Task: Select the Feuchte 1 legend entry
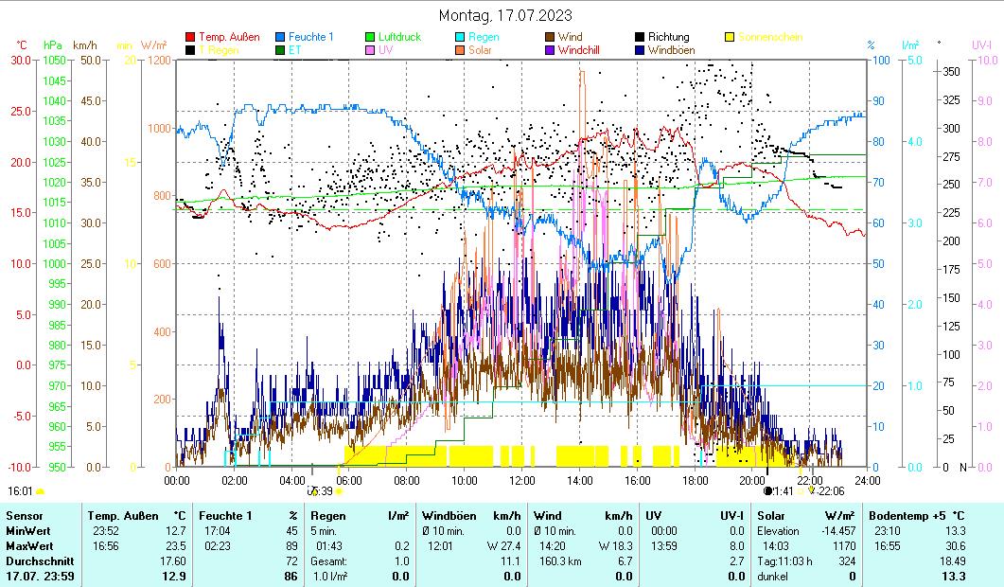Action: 310,37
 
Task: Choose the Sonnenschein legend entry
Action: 769,37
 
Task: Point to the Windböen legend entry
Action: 670,50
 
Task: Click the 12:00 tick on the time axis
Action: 522,480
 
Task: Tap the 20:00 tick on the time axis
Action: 753,480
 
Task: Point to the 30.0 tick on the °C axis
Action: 21,60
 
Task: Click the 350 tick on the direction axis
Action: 952,71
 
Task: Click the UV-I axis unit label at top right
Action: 981,44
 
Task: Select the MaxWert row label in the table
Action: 28,546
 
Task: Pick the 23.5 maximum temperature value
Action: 174,546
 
